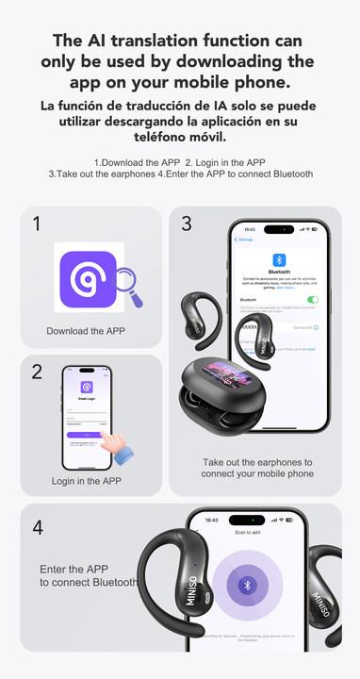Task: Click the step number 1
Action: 37,224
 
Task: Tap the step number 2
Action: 37,372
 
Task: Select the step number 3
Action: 187,224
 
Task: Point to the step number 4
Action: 38,528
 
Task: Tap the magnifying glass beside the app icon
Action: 125,286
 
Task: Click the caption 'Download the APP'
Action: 86,331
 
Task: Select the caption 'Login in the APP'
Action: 86,480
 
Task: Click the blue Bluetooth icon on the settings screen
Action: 279,260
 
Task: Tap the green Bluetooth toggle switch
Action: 313,299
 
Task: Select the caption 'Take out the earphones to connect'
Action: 257,468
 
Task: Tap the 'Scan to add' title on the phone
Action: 247,532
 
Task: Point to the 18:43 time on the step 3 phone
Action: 250,229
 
